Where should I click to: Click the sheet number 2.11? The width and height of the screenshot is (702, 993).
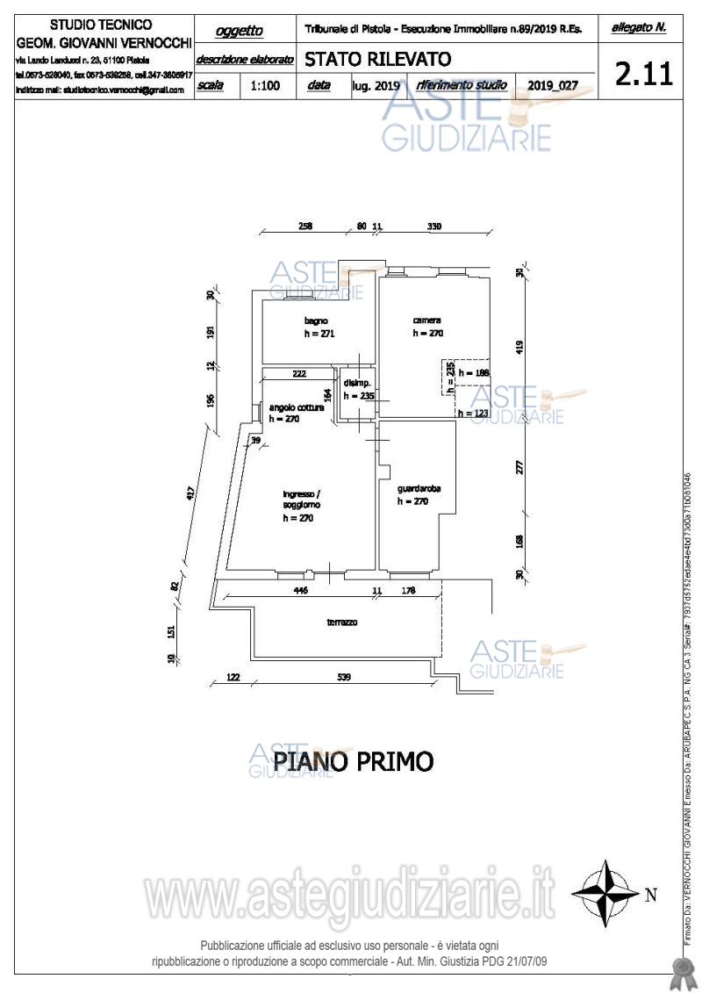click(644, 73)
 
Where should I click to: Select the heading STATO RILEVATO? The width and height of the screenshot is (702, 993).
click(377, 60)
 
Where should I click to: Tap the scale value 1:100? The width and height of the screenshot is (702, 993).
click(265, 86)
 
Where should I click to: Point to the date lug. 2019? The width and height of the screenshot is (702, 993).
click(376, 86)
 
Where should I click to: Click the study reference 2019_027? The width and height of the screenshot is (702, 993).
click(553, 86)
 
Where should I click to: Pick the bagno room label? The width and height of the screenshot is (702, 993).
click(317, 320)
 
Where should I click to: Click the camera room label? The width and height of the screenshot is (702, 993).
click(426, 320)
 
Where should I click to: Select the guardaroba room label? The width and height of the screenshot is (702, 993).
click(419, 488)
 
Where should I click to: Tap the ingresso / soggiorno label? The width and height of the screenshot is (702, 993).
click(301, 500)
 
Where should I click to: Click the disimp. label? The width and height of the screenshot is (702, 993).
click(357, 384)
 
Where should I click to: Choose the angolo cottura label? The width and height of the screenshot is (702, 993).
click(297, 407)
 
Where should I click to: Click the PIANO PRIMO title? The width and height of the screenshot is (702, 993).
click(354, 761)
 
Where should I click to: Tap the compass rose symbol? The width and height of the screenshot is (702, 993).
click(605, 894)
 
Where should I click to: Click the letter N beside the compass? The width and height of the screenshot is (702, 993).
click(650, 896)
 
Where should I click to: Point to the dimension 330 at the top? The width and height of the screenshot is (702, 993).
click(433, 227)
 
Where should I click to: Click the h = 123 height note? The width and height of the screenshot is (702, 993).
click(472, 414)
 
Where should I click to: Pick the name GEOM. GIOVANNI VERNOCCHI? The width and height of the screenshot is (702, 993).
click(104, 41)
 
